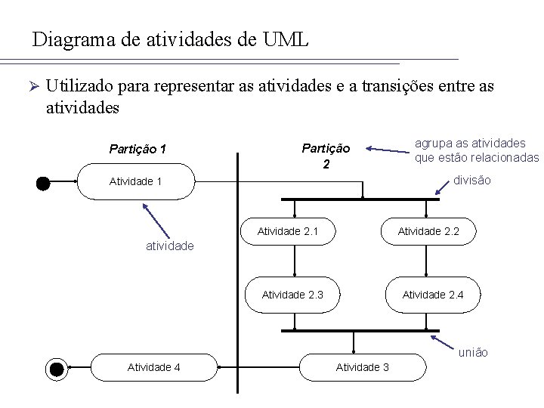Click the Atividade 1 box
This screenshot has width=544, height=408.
coord(136,181)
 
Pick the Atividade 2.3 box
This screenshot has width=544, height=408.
coord(292,294)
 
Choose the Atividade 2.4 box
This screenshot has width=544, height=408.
coord(432,294)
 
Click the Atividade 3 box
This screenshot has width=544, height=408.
coord(362,367)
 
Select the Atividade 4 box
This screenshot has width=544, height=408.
coord(153,367)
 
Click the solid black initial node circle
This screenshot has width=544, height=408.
coord(44,182)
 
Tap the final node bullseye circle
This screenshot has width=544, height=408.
coord(57,368)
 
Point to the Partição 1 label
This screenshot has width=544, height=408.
coord(138,149)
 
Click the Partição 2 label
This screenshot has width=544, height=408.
coord(326,155)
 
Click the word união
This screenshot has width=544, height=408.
coord(474,352)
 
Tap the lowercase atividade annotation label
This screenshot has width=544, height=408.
coord(169,246)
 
